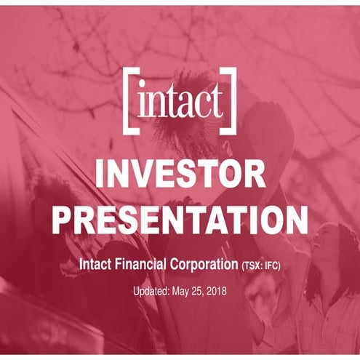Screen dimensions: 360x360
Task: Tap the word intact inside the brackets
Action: click(x=180, y=103)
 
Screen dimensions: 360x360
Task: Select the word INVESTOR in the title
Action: click(x=180, y=174)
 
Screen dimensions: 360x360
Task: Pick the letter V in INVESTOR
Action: click(x=155, y=174)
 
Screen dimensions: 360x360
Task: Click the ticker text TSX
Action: click(x=254, y=265)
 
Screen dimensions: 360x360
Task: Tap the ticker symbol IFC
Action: click(x=271, y=265)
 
